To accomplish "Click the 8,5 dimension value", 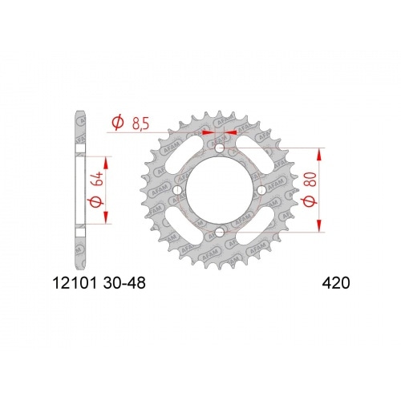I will click(141, 123).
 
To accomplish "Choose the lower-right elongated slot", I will click(256, 227).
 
